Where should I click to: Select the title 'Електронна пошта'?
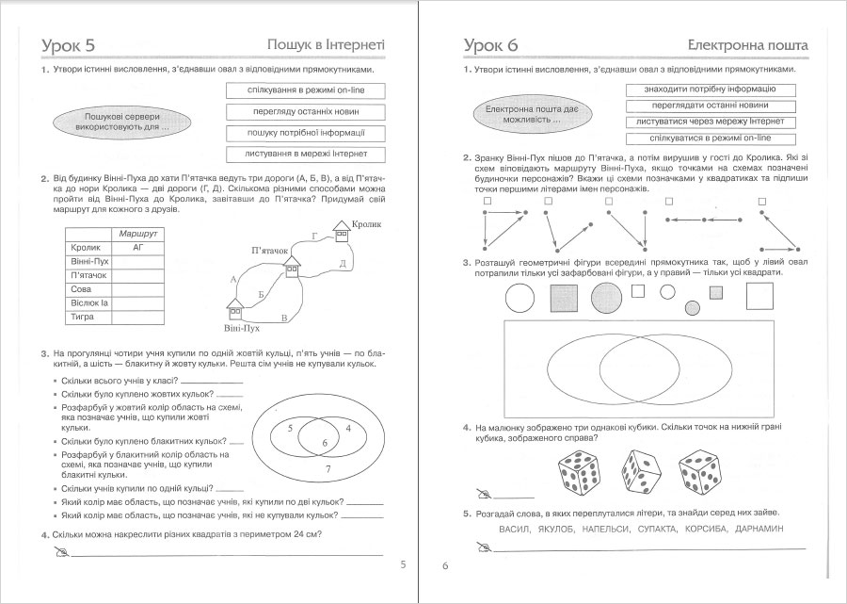(748, 44)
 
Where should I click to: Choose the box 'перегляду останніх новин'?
(304, 111)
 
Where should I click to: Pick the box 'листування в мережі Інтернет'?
(304, 154)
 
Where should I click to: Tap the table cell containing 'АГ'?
(137, 247)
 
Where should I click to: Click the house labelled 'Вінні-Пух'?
(235, 308)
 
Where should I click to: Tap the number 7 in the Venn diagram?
(327, 468)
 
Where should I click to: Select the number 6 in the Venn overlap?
(324, 442)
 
